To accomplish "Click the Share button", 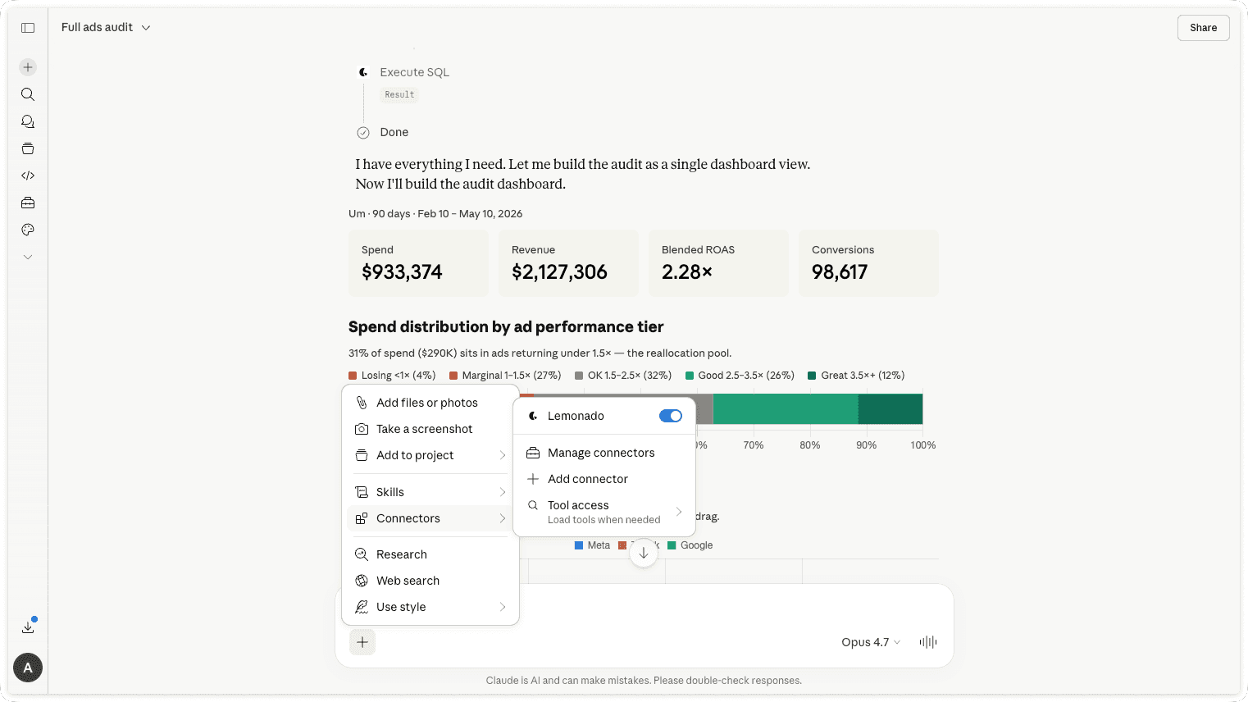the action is tap(1203, 28).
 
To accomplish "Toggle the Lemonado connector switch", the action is tap(670, 416).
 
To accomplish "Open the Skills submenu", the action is tap(430, 492).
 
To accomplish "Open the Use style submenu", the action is tap(430, 607).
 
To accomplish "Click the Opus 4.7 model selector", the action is tap(871, 642).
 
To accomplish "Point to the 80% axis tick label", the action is tap(809, 445).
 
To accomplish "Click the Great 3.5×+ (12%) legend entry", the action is tap(856, 376).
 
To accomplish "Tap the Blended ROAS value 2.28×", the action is tap(686, 272).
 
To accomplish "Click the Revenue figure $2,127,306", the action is tap(559, 272).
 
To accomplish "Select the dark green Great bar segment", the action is tap(890, 409).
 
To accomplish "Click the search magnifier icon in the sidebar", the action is tap(28, 94).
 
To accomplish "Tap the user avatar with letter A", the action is tap(28, 668).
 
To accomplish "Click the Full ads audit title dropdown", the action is tap(106, 27).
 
